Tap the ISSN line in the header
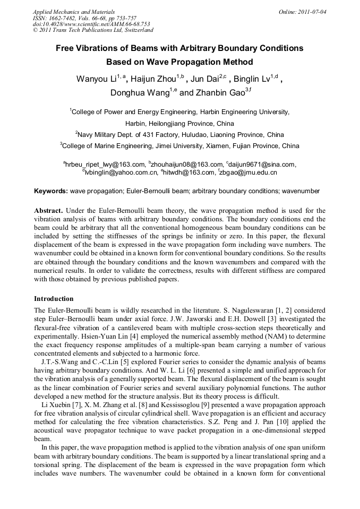click(x=84, y=18)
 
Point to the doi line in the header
click(x=91, y=24)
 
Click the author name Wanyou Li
click(x=96, y=80)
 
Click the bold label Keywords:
click(x=51, y=191)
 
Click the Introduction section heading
click(x=54, y=299)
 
